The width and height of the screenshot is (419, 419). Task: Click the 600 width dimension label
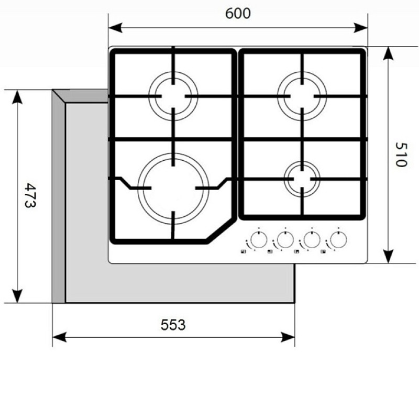pos(238,14)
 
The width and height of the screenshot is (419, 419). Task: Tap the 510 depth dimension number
pos(401,155)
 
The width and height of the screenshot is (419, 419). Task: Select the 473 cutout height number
pos(30,195)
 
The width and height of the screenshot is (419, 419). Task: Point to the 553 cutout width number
pos(173,325)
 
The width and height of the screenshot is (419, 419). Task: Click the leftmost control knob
pos(259,240)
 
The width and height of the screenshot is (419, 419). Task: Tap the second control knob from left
pos(285,240)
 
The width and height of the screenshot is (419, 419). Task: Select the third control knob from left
pos(312,240)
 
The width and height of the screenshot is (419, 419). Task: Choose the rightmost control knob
pos(338,240)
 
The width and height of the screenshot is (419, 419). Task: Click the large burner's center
pos(173,189)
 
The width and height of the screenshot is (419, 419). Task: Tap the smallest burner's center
pos(302,179)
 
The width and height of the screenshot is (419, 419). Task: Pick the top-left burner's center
pos(173,96)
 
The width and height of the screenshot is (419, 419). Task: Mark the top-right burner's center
pos(302,96)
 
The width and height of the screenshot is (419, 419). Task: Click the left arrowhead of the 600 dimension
pos(115,28)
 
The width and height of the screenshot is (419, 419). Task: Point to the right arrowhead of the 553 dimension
pos(288,337)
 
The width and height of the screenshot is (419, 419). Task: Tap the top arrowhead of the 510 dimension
pos(388,53)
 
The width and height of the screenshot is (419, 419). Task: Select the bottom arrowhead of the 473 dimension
pos(17,296)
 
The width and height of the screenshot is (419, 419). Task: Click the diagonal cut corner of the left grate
pos(220,229)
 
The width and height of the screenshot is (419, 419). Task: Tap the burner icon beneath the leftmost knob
pos(243,251)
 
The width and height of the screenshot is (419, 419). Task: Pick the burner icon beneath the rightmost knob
pos(323,251)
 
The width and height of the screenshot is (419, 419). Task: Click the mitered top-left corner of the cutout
pos(59,96)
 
